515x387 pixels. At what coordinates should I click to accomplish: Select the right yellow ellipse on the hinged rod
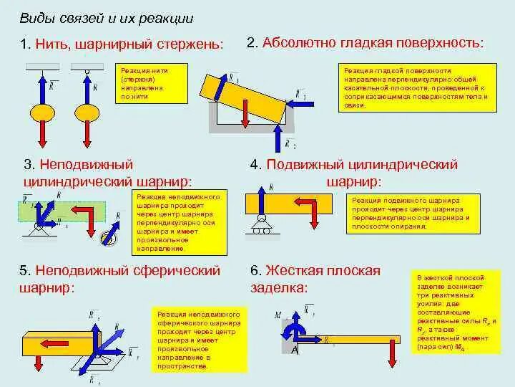87,113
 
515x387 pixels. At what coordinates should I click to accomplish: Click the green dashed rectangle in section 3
61,212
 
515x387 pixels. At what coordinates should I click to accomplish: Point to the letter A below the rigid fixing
294,349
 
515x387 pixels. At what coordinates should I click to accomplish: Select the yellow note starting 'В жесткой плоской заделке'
455,312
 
